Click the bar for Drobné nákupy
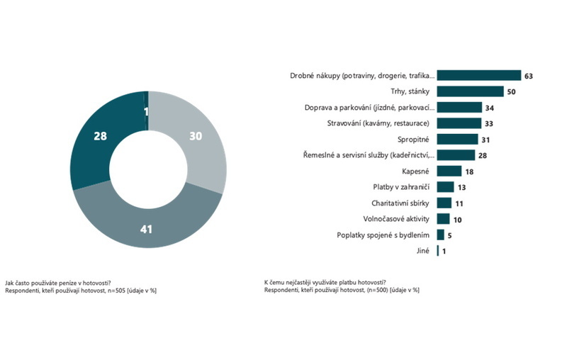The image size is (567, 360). click(479, 76)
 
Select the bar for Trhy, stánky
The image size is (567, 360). click(470, 91)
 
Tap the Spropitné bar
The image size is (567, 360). click(458, 140)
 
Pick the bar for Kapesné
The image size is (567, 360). click(449, 171)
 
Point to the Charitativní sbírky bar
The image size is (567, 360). click(444, 203)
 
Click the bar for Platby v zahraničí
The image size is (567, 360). click(445, 187)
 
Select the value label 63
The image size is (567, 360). click(528, 76)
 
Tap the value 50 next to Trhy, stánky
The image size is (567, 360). click(510, 91)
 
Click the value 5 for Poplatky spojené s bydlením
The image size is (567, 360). click(450, 235)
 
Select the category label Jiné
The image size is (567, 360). click(428, 251)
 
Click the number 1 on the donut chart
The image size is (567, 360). click(146, 111)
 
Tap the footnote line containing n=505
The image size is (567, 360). click(80, 290)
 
